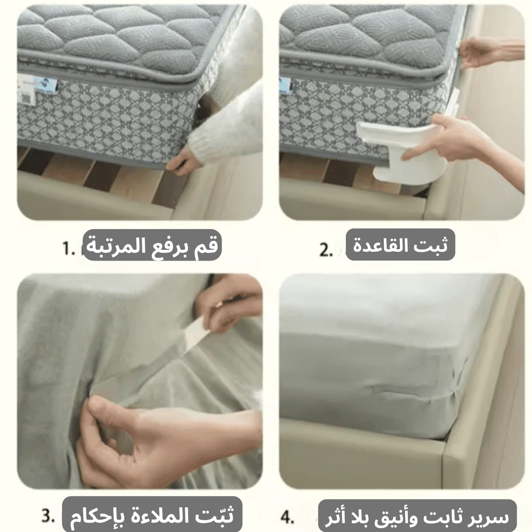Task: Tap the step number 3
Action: pyautogui.click(x=47, y=517)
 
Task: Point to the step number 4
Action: pyautogui.click(x=287, y=518)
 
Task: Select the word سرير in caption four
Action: pyautogui.click(x=493, y=517)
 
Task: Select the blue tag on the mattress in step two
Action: pyautogui.click(x=285, y=84)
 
